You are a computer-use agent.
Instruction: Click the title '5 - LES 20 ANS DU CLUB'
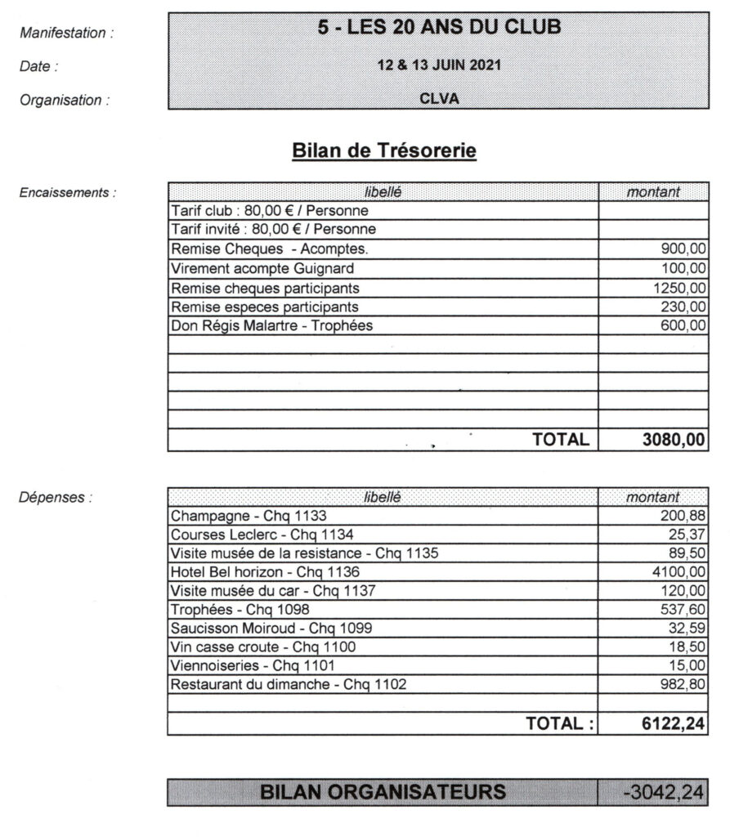439,28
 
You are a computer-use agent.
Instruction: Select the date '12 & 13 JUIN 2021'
439,65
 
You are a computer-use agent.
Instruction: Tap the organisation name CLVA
439,100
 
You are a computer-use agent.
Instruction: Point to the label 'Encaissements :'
67,193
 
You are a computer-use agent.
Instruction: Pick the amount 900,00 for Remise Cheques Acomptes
683,249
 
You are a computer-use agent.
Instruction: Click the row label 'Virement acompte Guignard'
252,268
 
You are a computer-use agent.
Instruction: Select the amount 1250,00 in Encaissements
679,288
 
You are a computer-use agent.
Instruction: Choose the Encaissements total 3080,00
673,439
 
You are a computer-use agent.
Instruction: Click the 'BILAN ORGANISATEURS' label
383,791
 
